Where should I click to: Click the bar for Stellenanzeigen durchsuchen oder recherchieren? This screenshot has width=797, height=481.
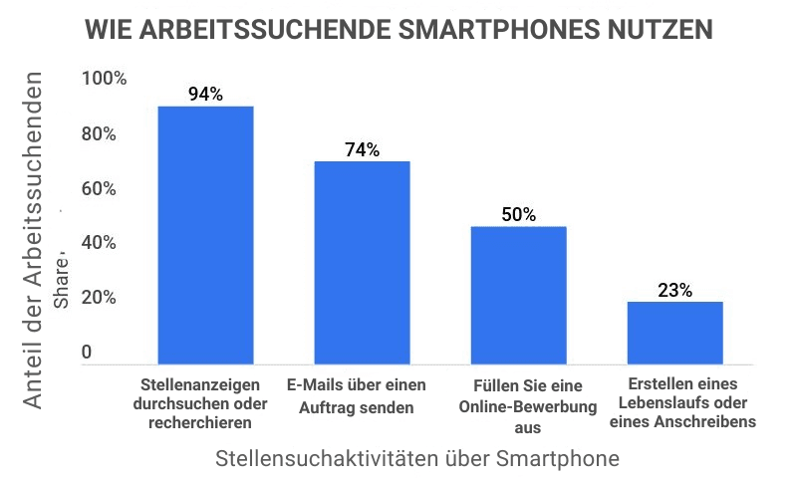point(205,234)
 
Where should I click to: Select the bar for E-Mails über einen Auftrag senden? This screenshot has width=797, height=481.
point(363,262)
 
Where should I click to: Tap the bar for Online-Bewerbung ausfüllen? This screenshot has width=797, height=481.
point(518,295)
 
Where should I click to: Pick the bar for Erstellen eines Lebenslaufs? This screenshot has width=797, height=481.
point(674,332)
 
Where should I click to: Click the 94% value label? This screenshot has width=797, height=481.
point(205,95)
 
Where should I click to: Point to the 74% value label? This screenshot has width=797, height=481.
point(363,150)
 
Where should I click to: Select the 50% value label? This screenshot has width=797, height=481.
point(518,215)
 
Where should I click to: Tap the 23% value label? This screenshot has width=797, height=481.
point(674,291)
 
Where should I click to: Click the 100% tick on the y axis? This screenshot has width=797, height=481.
point(104,79)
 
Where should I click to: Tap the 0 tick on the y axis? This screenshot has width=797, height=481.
point(87,353)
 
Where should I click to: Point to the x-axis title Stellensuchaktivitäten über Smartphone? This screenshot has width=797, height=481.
point(417,459)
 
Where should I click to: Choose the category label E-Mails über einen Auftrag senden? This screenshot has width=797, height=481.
point(356,395)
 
